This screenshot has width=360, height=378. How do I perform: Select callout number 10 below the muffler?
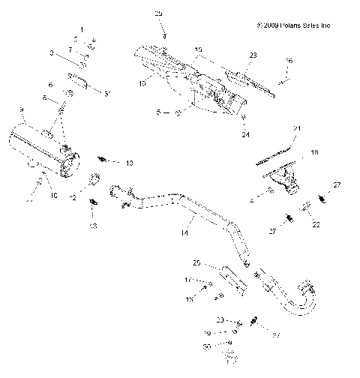(53, 195)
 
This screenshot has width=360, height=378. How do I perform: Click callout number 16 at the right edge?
(289, 60)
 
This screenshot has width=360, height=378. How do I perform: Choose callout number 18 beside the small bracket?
(314, 152)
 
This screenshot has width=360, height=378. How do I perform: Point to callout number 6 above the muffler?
(50, 85)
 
